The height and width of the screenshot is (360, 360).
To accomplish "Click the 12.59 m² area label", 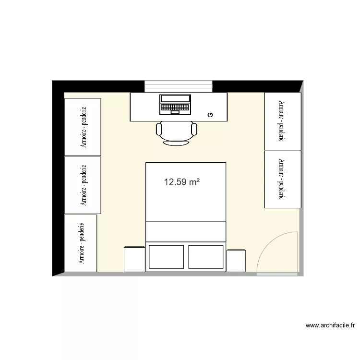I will [x=181, y=182].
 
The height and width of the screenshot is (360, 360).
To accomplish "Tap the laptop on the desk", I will [x=175, y=104].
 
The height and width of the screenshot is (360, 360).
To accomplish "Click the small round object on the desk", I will [x=210, y=115].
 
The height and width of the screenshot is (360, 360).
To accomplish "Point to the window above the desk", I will [x=179, y=86].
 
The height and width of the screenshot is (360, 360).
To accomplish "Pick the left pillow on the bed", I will [x=166, y=257].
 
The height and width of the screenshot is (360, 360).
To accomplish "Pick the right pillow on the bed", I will [x=206, y=257].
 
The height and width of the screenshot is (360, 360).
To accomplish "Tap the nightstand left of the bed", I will [x=134, y=259].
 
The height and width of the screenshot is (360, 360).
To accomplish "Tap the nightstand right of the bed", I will [x=236, y=261].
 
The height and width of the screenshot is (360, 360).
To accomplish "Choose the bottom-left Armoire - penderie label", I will [x=82, y=243].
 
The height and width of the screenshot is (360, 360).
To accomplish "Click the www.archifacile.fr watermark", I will [x=330, y=325].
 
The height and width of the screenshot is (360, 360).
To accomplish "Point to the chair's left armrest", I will [x=159, y=129].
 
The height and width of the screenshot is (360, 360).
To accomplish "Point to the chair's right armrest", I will [x=194, y=129].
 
